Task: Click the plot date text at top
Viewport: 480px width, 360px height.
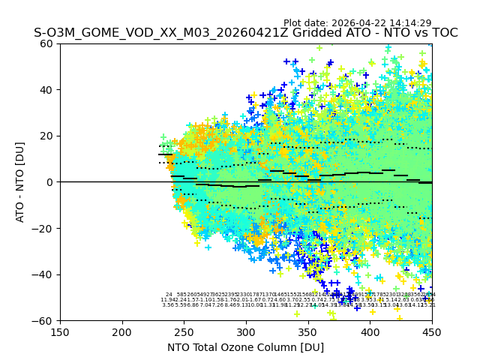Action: click(x=357, y=23)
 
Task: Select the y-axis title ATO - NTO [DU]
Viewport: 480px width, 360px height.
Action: click(x=21, y=182)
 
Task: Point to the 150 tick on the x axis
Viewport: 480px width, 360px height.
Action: click(x=60, y=331)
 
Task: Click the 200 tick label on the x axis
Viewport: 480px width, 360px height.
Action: click(x=122, y=331)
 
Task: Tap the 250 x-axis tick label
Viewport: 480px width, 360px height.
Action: click(x=184, y=331)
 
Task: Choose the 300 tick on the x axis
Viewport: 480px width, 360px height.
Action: click(x=246, y=331)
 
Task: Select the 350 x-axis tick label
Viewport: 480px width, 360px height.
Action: click(x=308, y=331)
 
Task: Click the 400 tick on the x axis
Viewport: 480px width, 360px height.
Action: click(x=370, y=331)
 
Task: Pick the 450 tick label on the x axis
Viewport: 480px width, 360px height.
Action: click(x=432, y=331)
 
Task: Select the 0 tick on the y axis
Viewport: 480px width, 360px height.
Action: click(x=51, y=182)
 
